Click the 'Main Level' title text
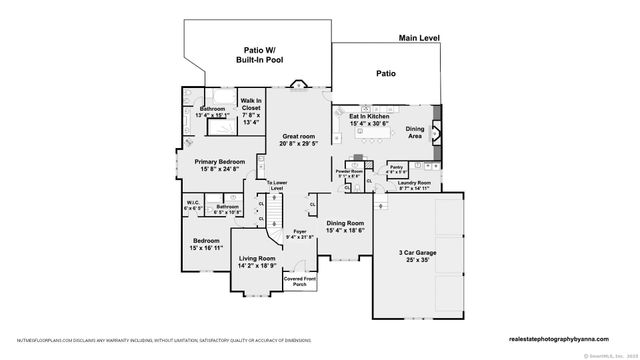419,38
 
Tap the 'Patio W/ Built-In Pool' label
257,55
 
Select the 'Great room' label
299,139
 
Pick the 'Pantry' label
395,167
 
